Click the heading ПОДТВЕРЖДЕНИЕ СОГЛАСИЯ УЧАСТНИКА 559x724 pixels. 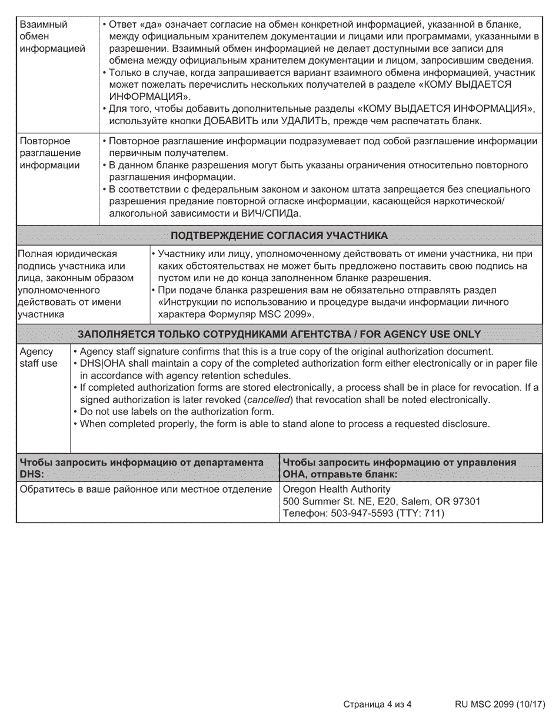(279, 236)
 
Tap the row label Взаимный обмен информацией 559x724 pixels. (52, 36)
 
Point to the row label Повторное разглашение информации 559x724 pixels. (50, 153)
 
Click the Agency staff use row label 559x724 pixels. (39, 357)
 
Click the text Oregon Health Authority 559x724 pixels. (337, 489)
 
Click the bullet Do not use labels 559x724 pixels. (177, 411)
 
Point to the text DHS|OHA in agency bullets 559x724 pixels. (100, 364)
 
